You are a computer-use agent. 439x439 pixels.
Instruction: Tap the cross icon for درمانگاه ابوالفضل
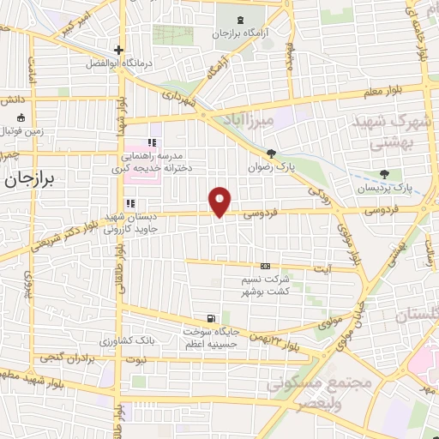pos(119,49)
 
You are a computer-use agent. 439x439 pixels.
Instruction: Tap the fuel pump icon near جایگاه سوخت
pos(211,317)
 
